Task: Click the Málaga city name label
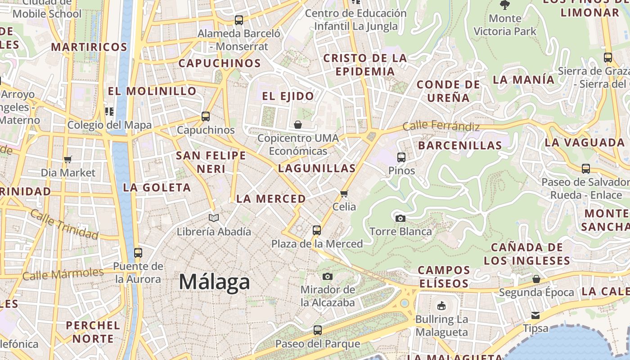(x=214, y=282)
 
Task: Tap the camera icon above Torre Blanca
(x=400, y=219)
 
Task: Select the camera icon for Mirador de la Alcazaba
(x=328, y=276)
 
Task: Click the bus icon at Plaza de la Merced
(x=317, y=230)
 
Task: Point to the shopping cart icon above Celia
(x=344, y=194)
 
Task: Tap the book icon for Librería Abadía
(x=214, y=218)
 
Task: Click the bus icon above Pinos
(x=401, y=157)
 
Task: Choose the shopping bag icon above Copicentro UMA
(x=298, y=125)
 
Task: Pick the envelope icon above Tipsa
(x=535, y=315)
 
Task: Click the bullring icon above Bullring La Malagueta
(x=441, y=306)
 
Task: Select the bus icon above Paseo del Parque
(x=318, y=330)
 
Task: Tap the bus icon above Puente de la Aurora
(x=138, y=253)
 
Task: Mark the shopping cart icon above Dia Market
(x=68, y=159)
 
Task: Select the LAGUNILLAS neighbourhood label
(x=317, y=169)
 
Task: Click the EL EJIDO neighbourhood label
(x=288, y=96)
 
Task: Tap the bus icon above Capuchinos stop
(x=206, y=117)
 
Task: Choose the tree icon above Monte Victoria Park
(x=505, y=5)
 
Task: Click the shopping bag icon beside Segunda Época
(x=536, y=279)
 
